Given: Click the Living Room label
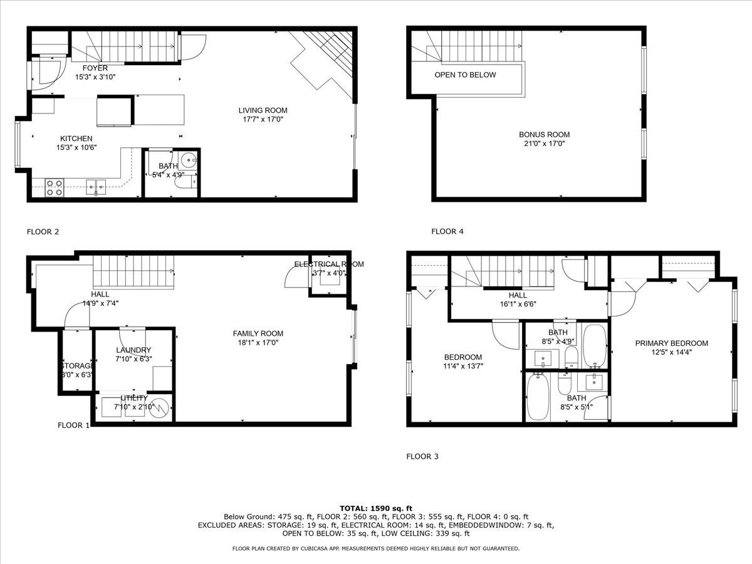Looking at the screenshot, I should tap(263, 110).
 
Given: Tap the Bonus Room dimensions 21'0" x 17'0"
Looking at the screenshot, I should tap(544, 144).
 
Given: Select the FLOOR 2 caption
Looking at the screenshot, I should tap(43, 232).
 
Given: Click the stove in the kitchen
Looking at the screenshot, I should tap(55, 187).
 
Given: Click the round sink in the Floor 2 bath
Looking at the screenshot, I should tap(189, 159).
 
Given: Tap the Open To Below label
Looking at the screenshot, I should tap(465, 75).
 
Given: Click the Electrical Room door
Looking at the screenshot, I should tap(295, 276).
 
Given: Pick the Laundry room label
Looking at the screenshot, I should tap(133, 350).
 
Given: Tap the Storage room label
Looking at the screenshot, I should tap(76, 366).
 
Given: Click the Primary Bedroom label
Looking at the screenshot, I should tap(671, 343).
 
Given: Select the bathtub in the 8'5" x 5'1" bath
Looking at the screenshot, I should tap(538, 396).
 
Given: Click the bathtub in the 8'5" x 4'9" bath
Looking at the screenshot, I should tap(594, 347).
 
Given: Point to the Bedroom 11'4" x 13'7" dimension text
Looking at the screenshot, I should tap(463, 366).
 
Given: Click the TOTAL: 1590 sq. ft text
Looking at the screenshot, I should tap(375, 508).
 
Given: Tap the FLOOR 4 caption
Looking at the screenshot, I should tap(447, 232).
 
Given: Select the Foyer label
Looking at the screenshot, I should tap(95, 68).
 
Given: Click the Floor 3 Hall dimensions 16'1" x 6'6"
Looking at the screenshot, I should tap(518, 304).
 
